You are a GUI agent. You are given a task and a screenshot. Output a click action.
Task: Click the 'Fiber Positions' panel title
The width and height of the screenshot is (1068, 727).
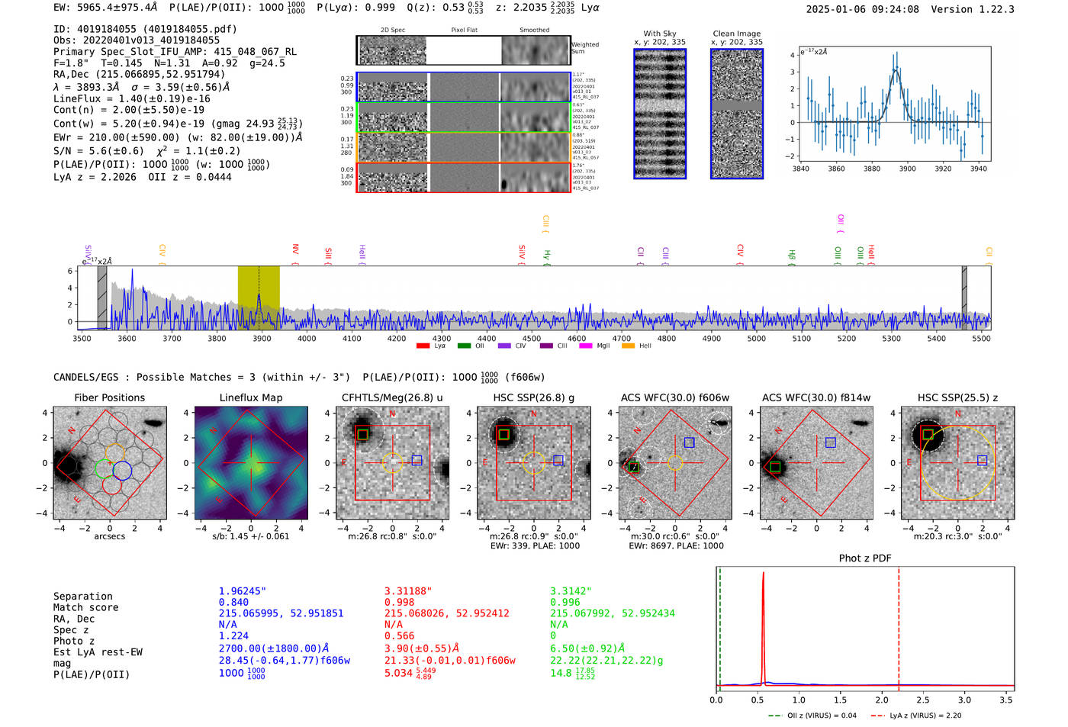point(109,397)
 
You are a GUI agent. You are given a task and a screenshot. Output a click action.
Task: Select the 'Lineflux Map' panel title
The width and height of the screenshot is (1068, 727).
point(250,397)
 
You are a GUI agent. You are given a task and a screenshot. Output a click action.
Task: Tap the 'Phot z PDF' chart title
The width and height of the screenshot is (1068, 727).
point(865,558)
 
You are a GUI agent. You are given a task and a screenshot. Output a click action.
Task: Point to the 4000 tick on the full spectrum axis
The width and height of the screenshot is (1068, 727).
point(307,338)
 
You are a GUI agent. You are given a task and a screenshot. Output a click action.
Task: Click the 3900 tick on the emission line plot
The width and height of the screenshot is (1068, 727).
point(907,169)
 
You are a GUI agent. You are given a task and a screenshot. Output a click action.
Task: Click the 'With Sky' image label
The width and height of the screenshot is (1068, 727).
point(660,34)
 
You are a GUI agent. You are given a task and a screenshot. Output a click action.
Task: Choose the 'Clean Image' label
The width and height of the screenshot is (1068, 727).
point(736,34)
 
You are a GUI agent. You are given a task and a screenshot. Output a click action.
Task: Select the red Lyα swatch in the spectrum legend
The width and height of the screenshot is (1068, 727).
point(423,346)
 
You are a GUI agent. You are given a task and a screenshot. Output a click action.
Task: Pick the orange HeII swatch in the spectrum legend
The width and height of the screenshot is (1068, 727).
point(628,346)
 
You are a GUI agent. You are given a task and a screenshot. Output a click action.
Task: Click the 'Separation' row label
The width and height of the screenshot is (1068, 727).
point(83,596)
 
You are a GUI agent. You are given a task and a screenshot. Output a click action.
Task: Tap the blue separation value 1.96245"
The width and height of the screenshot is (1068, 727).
point(243,591)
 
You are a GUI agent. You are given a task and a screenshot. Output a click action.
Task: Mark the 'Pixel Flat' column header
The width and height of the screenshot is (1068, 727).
point(464,30)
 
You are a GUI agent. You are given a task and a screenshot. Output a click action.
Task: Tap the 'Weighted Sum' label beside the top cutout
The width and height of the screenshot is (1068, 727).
point(584,48)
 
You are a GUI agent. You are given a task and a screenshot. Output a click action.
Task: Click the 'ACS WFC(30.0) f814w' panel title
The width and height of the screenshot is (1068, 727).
point(816,397)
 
